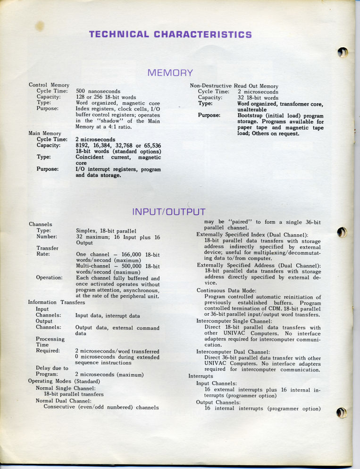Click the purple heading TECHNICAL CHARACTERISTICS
point(170,34)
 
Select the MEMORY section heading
point(170,73)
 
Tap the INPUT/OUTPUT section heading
point(169,211)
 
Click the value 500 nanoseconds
point(98,91)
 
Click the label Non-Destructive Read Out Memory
point(234,86)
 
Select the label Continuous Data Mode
point(226,290)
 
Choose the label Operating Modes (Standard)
point(64,381)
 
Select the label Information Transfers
point(56,302)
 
